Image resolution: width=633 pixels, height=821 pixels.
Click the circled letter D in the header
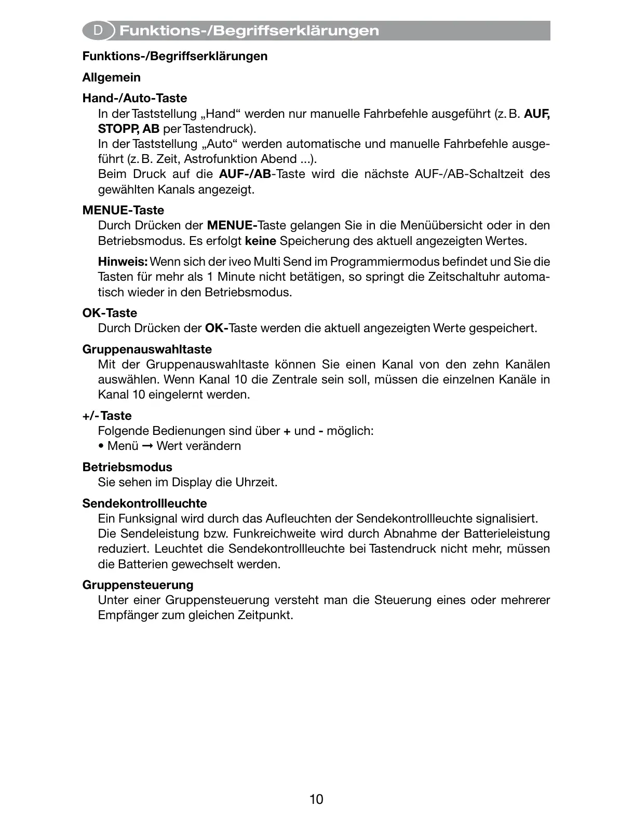click(97, 31)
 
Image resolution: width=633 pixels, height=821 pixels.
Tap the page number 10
click(316, 799)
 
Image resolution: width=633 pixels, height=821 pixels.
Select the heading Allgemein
click(112, 78)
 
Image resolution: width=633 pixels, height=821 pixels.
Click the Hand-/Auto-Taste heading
click(134, 99)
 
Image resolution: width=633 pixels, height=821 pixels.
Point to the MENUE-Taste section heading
click(123, 210)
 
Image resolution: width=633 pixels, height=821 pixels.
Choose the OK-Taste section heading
click(110, 313)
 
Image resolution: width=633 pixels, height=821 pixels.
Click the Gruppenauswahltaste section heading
click(147, 349)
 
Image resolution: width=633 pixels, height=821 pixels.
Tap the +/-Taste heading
click(107, 416)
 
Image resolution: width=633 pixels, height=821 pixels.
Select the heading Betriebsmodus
click(127, 467)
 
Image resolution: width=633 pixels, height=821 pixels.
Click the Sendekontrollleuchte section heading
click(144, 503)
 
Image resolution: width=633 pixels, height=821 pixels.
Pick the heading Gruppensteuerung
click(138, 585)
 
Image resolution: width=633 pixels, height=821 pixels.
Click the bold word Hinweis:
click(123, 262)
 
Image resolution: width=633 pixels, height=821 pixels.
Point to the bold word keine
click(260, 241)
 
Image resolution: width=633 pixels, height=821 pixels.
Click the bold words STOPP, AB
click(129, 129)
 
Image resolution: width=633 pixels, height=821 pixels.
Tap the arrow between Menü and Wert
click(147, 446)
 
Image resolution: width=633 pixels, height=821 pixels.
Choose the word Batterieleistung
click(506, 533)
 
